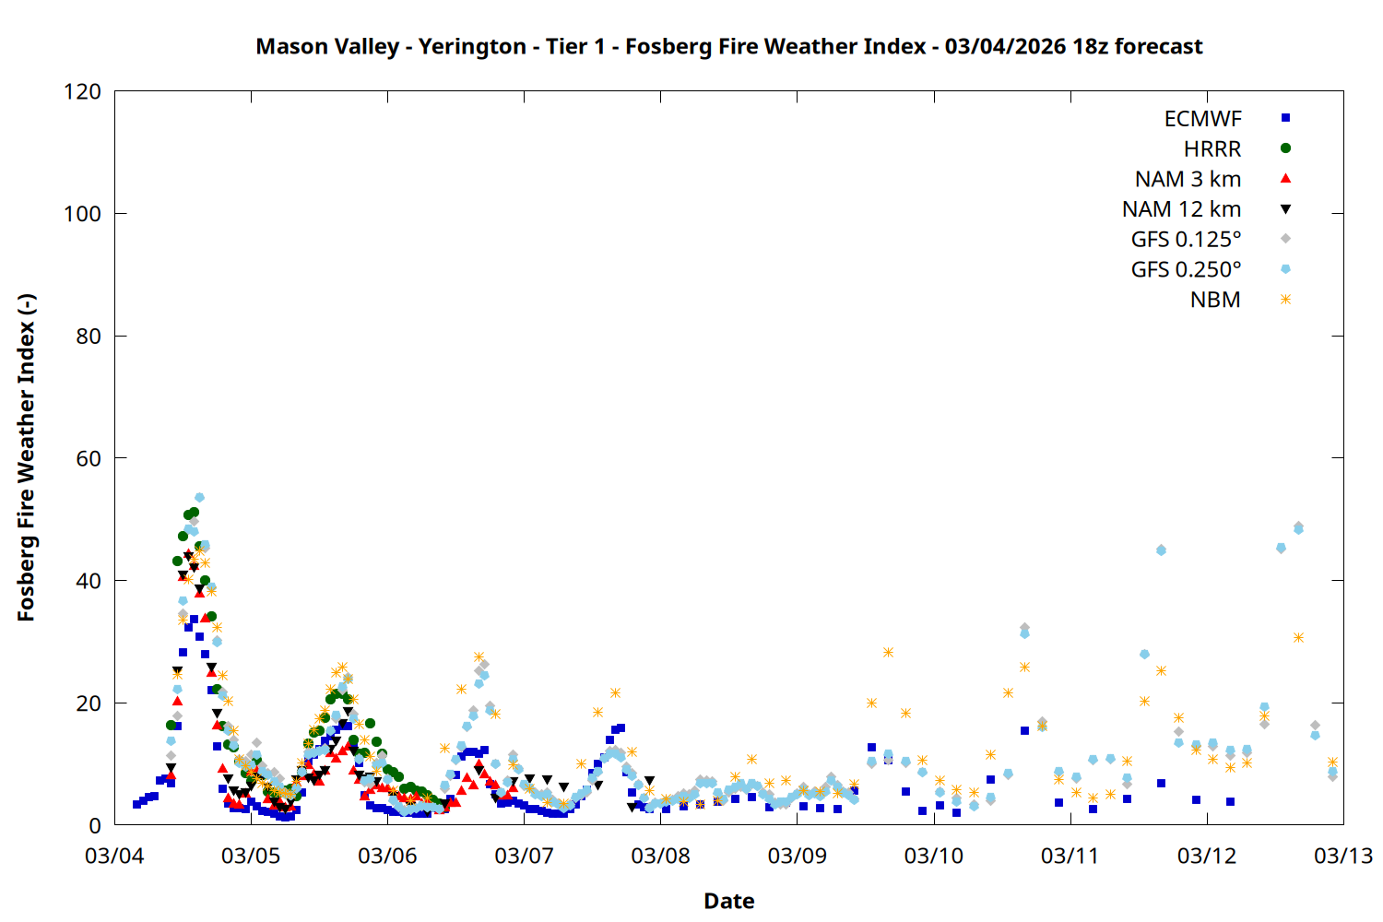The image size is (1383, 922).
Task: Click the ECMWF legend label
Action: pyautogui.click(x=1202, y=119)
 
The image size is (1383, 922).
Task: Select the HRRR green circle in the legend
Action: pyautogui.click(x=1285, y=148)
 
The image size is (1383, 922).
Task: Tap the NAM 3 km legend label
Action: pyautogui.click(x=1188, y=179)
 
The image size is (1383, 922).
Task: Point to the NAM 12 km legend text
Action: pyautogui.click(x=1181, y=209)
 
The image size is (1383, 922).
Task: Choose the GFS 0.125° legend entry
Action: pyautogui.click(x=1186, y=240)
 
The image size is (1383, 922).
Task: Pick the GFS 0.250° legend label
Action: pyautogui.click(x=1186, y=270)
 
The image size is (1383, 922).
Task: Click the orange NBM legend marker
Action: pyautogui.click(x=1285, y=300)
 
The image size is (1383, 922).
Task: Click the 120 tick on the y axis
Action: pyautogui.click(x=83, y=91)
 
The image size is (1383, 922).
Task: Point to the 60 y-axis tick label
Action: pyautogui.click(x=89, y=458)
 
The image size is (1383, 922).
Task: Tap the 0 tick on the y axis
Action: pyautogui.click(x=95, y=825)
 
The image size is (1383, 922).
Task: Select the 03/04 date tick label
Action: pyautogui.click(x=114, y=856)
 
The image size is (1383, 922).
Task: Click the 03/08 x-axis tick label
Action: pyautogui.click(x=660, y=856)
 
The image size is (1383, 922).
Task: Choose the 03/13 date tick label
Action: pyautogui.click(x=1342, y=856)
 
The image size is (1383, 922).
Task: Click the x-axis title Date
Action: pyautogui.click(x=728, y=901)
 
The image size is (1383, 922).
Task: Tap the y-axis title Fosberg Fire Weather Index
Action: pyautogui.click(x=26, y=458)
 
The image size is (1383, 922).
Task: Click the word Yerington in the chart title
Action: pyautogui.click(x=472, y=46)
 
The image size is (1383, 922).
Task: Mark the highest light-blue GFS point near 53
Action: pyautogui.click(x=199, y=498)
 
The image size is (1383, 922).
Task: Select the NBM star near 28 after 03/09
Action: pyautogui.click(x=888, y=653)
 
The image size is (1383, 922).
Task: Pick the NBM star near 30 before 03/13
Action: pyautogui.click(x=1298, y=638)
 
